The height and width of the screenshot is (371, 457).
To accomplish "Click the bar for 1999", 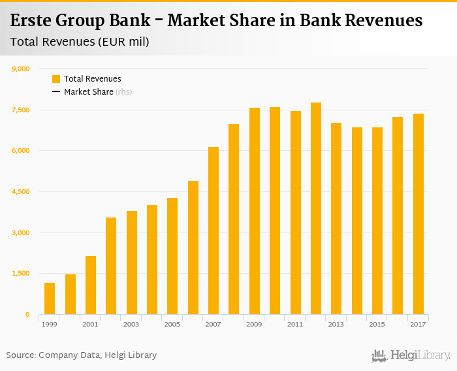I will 50,298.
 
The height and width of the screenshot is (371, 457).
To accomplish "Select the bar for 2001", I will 91,285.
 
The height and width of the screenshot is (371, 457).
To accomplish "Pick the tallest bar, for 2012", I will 316,208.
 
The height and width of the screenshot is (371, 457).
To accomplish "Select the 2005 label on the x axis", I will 172,324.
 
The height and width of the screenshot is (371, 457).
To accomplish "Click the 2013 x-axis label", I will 336,324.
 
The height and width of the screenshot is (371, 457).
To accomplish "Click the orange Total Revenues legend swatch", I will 56,79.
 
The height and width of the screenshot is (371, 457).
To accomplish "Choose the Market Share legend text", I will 88,92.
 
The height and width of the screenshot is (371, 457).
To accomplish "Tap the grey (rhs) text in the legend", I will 124,92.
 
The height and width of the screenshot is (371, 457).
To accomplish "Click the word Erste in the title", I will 31,21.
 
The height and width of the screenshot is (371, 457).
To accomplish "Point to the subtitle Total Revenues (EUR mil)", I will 80,42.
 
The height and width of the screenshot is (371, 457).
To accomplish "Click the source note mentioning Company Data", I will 82,355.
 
